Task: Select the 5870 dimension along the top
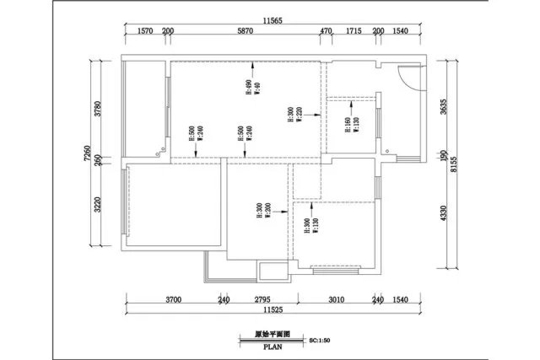245,31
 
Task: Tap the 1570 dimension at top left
144,31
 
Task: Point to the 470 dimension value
326,31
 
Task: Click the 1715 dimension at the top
354,31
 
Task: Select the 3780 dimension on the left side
98,110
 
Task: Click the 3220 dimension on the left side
98,207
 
